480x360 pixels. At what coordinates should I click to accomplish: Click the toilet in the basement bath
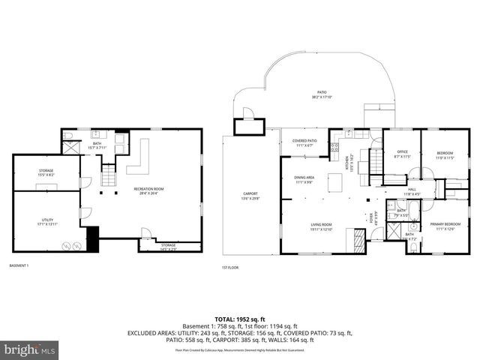click(x=66, y=136)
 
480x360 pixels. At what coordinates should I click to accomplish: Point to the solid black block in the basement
click(x=93, y=239)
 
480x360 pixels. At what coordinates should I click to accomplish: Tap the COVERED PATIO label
click(x=304, y=142)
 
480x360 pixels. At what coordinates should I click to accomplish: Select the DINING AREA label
click(x=304, y=179)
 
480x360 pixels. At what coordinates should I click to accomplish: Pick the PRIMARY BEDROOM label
click(x=445, y=226)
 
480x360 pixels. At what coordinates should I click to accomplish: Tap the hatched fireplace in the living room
click(x=358, y=240)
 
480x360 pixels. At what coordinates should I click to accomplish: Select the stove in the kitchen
click(x=335, y=148)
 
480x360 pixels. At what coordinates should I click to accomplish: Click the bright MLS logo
click(x=30, y=349)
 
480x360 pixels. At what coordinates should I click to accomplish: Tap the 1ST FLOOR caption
click(x=229, y=267)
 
